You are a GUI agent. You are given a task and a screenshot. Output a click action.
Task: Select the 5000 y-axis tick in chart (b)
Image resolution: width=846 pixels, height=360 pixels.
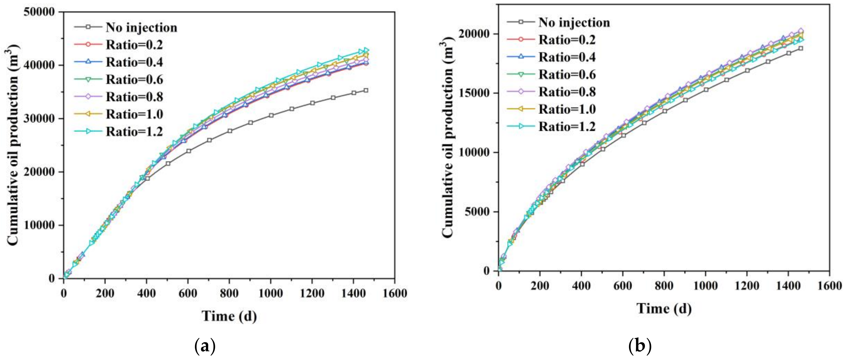coord(479,212)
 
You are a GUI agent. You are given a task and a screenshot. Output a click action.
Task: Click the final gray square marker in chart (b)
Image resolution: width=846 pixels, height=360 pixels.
coord(801,48)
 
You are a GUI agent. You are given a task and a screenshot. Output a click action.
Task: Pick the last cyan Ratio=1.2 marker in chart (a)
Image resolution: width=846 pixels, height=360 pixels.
coord(366,50)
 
